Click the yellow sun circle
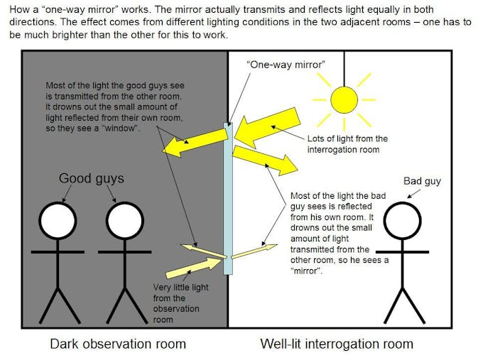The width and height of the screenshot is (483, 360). point(344,100)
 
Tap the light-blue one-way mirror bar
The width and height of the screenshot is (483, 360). point(228,198)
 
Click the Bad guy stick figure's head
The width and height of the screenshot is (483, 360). point(402,221)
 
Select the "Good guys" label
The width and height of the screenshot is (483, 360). point(92,179)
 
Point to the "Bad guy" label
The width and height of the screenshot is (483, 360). point(422,181)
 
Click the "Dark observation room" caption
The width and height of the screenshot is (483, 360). point(118,344)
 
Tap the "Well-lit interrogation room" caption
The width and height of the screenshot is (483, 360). point(337,344)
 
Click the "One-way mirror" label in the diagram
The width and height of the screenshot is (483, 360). point(286,65)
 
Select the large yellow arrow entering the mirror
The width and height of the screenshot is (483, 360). point(267,128)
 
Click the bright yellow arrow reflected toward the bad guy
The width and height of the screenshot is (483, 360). point(265,160)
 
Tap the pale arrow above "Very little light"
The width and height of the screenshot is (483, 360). point(193,268)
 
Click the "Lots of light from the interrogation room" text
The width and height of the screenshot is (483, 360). point(347,144)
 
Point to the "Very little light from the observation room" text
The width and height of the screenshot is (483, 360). point(181,303)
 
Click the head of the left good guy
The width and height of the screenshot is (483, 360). point(58,221)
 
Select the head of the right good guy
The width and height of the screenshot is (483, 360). point(125,221)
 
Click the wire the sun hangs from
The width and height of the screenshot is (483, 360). point(344,69)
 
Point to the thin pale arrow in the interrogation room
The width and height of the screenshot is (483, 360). point(254,251)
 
